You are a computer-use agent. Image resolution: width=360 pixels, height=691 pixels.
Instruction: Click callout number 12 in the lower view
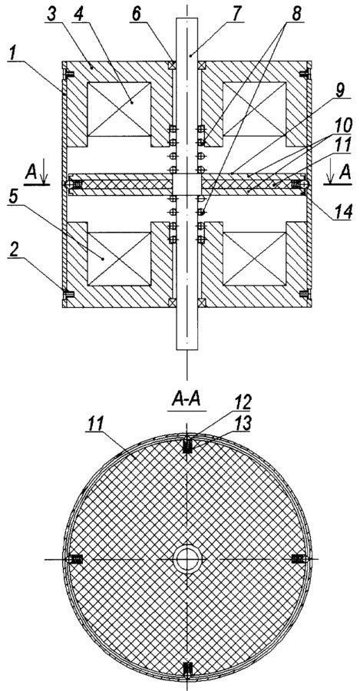pos(243,402)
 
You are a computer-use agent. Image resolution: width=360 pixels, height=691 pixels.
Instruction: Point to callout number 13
pos(243,423)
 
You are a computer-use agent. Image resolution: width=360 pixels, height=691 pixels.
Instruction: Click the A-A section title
pos(187,402)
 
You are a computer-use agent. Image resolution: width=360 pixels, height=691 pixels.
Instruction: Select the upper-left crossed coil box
pos(119,109)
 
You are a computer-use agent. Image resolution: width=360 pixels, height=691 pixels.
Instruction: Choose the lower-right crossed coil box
pos(254,258)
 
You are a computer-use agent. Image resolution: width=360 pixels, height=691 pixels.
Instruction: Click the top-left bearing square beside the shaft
pos(172,65)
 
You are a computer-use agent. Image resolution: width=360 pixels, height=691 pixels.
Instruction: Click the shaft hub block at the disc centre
pos(187,184)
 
